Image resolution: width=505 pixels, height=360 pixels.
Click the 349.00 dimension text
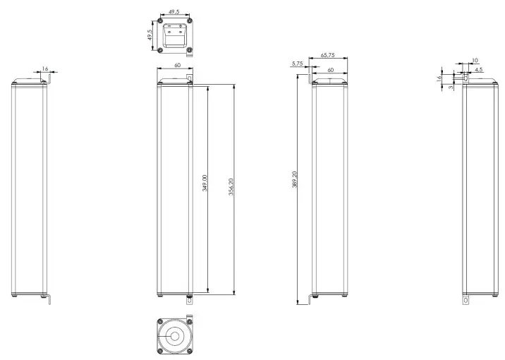click(205, 183)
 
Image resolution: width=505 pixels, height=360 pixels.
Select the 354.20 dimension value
click(231, 187)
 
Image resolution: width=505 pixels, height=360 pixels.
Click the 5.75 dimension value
click(296, 64)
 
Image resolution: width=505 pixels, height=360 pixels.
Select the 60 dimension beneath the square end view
click(174, 66)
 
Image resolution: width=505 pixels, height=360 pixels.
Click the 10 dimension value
click(475, 61)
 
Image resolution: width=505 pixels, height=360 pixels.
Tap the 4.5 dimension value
click(479, 70)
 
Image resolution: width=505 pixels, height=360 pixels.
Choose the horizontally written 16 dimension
click(46, 68)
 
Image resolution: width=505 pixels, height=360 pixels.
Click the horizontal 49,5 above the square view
click(174, 12)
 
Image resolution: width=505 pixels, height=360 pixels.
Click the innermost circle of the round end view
click(174, 337)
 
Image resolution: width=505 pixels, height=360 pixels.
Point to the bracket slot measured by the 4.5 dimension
click(465, 78)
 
